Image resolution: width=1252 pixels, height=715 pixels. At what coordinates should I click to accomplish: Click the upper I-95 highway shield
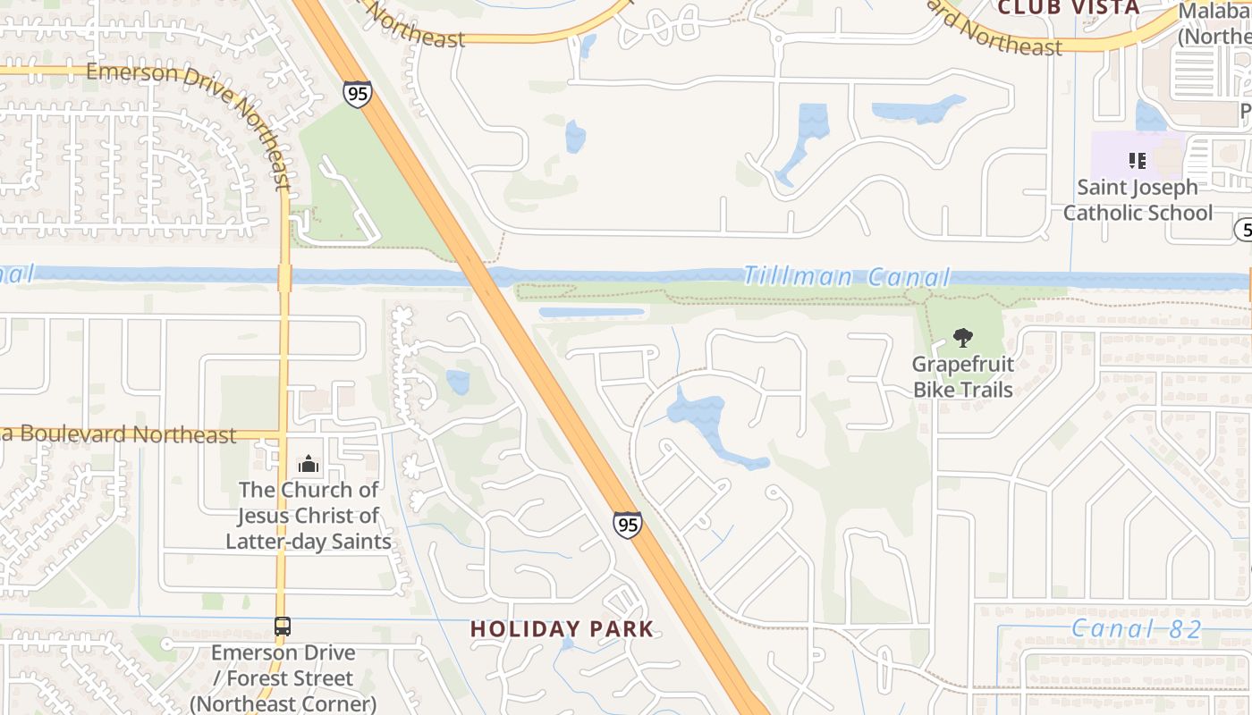(x=357, y=94)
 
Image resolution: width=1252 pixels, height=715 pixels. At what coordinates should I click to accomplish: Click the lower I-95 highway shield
(x=628, y=524)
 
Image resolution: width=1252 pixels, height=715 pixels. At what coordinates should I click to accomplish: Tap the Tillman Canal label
(x=845, y=276)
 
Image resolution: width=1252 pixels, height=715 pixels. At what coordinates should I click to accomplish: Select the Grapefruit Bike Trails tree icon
(x=962, y=338)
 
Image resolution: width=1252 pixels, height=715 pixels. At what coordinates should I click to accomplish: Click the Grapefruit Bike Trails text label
(x=962, y=377)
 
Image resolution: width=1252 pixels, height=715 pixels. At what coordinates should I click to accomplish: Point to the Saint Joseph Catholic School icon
(x=1137, y=161)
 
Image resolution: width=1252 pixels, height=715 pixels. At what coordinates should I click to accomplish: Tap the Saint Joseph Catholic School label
(x=1137, y=200)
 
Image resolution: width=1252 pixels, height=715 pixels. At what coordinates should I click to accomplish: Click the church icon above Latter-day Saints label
(x=309, y=464)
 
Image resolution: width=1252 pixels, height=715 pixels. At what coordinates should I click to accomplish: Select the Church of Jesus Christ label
(x=309, y=516)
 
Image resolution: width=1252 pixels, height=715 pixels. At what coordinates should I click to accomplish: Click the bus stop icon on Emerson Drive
(x=283, y=627)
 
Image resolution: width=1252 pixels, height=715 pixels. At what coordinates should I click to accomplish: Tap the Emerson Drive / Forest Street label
(x=283, y=678)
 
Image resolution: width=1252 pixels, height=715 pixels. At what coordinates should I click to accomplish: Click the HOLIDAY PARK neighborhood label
(x=563, y=629)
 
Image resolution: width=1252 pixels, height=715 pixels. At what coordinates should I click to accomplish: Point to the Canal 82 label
(x=1137, y=629)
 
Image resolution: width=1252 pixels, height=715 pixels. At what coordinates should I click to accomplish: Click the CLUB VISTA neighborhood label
(x=1068, y=8)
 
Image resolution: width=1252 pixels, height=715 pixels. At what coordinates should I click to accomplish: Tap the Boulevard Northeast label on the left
(x=125, y=435)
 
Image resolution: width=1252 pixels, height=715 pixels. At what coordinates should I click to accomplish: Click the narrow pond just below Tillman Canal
(x=591, y=312)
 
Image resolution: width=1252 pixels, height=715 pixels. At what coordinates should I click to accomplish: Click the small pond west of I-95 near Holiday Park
(x=458, y=382)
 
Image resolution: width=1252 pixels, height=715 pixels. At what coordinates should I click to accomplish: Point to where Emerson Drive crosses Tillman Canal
(x=284, y=276)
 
